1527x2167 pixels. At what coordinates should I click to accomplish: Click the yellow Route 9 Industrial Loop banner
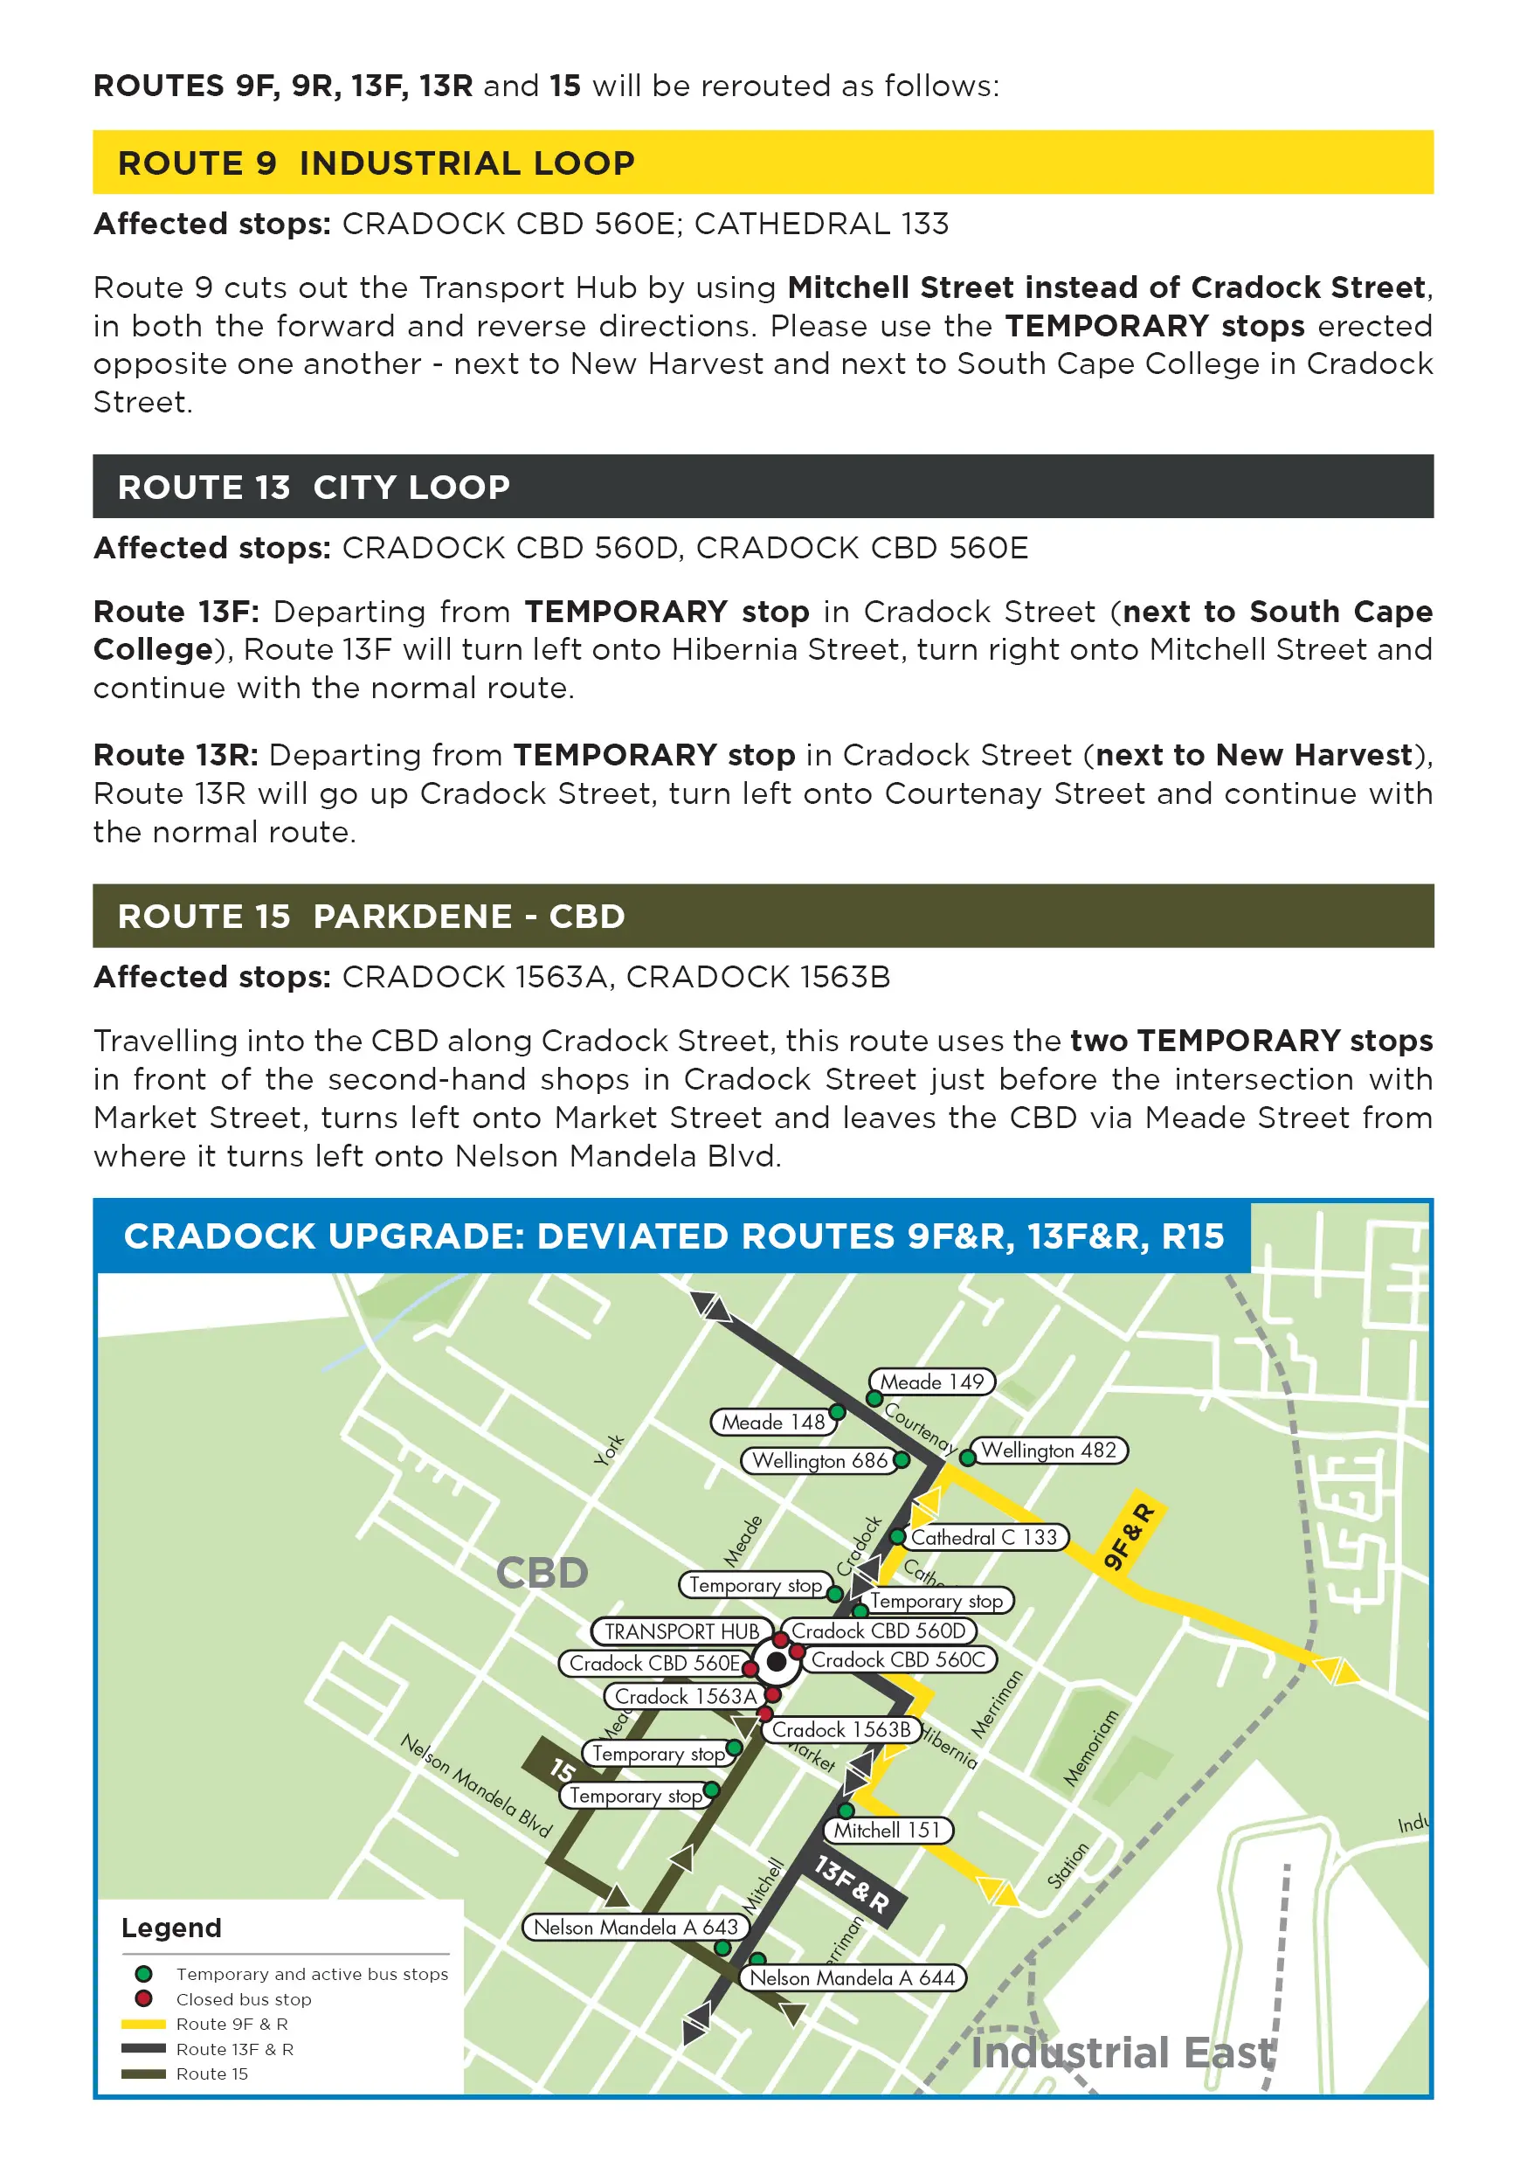pyautogui.click(x=763, y=163)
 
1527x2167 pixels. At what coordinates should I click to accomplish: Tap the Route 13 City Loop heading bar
pyautogui.click(x=763, y=487)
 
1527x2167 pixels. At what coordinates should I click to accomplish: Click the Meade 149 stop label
pyautogui.click(x=931, y=1381)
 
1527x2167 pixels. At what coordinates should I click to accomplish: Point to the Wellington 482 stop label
pyautogui.click(x=1048, y=1450)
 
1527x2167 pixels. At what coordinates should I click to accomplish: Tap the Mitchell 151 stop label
pyautogui.click(x=888, y=1830)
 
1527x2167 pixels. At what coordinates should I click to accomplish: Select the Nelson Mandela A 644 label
pyautogui.click(x=853, y=1977)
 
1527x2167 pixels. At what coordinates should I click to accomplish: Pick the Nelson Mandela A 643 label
pyautogui.click(x=635, y=1928)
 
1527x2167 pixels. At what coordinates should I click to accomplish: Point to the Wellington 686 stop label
pyautogui.click(x=819, y=1461)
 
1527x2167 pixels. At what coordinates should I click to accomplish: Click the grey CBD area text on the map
pyautogui.click(x=542, y=1574)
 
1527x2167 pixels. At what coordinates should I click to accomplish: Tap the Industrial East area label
pyautogui.click(x=1123, y=2053)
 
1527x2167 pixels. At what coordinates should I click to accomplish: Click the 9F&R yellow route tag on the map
pyautogui.click(x=1129, y=1536)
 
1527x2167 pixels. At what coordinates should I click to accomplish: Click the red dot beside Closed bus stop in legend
pyautogui.click(x=143, y=1999)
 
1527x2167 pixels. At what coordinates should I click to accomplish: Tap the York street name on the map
pyautogui.click(x=610, y=1450)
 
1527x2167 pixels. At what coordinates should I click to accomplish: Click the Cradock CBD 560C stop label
pyautogui.click(x=897, y=1660)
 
